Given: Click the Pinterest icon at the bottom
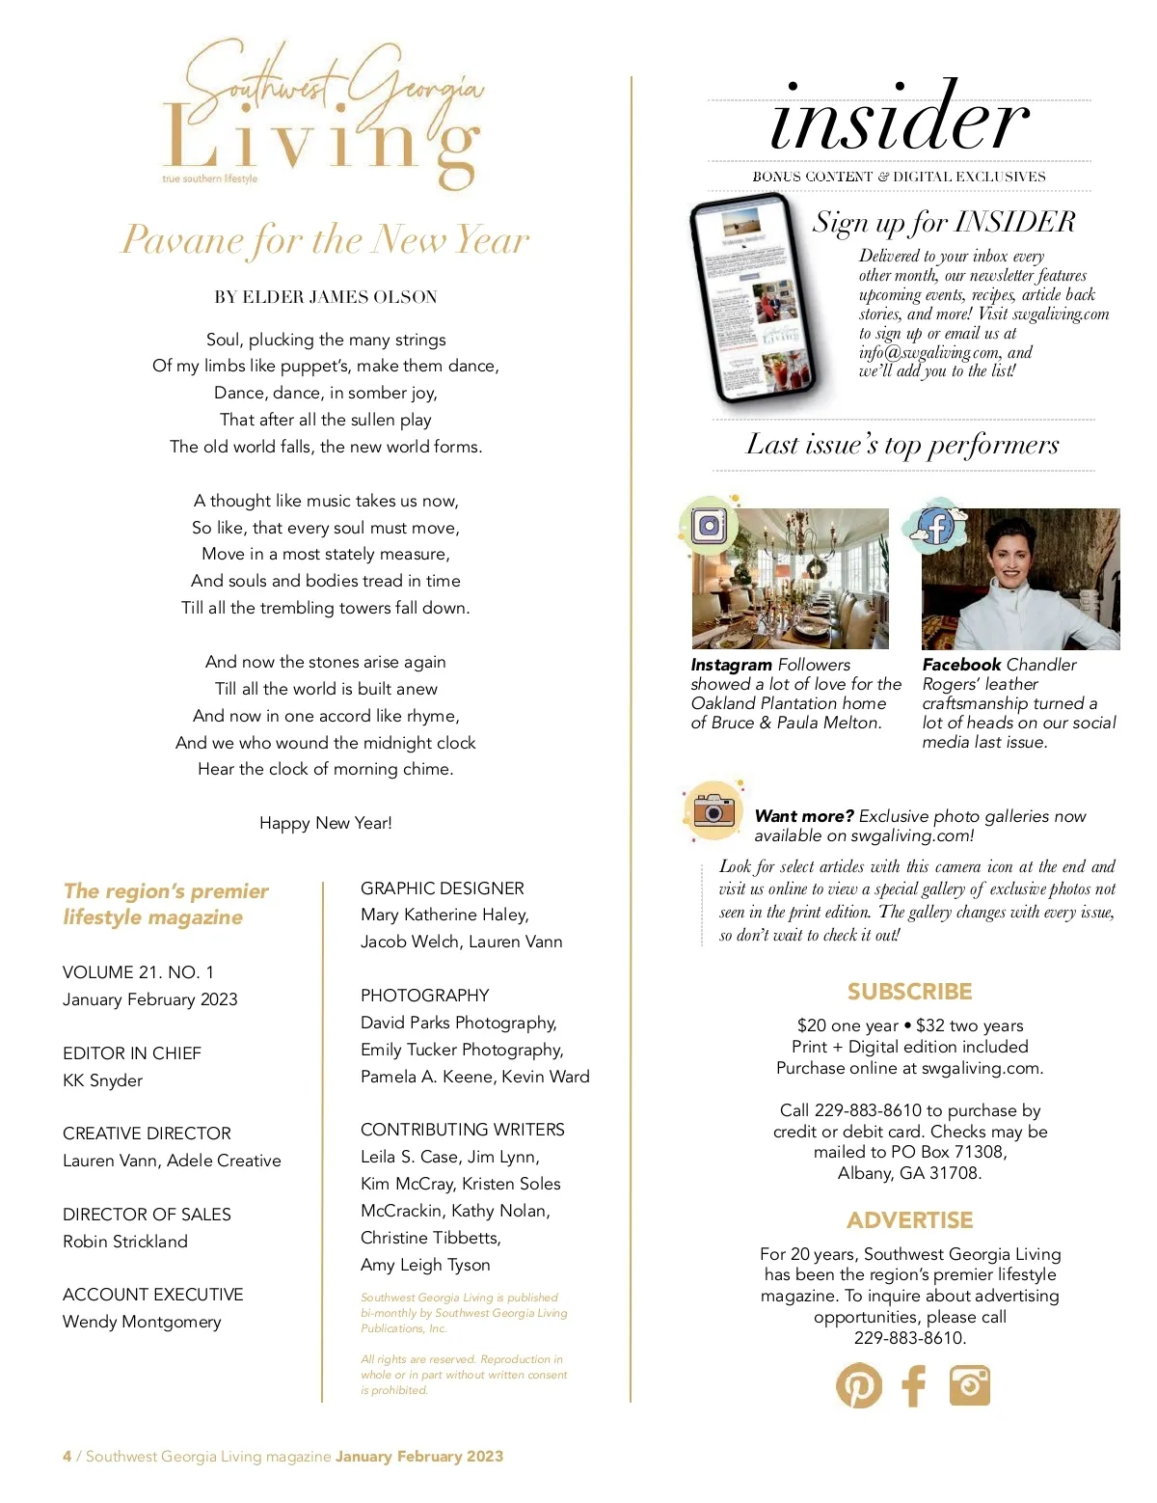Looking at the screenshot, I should [x=858, y=1385].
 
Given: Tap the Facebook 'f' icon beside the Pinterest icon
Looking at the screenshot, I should [x=913, y=1385].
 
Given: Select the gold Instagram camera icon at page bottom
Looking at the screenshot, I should [x=969, y=1385].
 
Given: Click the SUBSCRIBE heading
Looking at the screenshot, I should [x=909, y=992].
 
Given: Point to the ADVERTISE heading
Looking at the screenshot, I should [x=909, y=1220].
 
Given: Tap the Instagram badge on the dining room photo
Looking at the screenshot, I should [x=710, y=526].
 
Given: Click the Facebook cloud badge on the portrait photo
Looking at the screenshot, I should [x=933, y=527].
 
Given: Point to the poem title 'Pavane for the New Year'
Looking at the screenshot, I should [x=325, y=239].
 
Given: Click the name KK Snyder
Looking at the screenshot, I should [x=103, y=1080].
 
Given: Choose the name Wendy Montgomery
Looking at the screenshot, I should [x=142, y=1322].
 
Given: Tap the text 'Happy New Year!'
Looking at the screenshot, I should [x=325, y=823].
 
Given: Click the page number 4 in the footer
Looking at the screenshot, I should [x=67, y=1457].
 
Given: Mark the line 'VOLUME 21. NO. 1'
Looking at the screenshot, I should [x=138, y=972].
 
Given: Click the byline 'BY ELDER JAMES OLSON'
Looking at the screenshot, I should [x=325, y=297].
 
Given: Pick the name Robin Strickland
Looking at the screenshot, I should [x=125, y=1242].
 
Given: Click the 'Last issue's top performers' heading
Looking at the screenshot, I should [x=902, y=445].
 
